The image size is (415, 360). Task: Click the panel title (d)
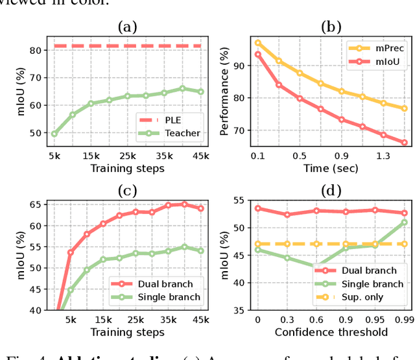point(331,190)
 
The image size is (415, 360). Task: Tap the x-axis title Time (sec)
point(331,168)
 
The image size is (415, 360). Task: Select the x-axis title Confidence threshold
point(331,332)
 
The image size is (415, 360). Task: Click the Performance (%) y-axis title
point(225,91)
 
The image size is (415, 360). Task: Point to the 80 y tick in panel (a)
point(36,50)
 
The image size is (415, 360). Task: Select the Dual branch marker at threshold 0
point(258,208)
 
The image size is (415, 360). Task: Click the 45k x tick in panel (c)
point(201,319)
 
